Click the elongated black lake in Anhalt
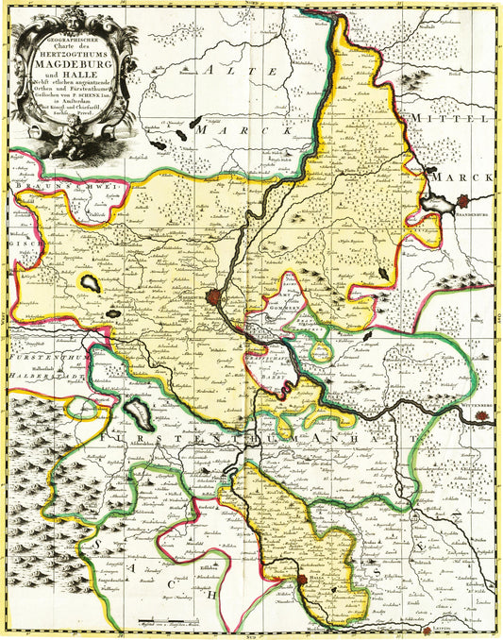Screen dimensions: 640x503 [138, 413]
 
